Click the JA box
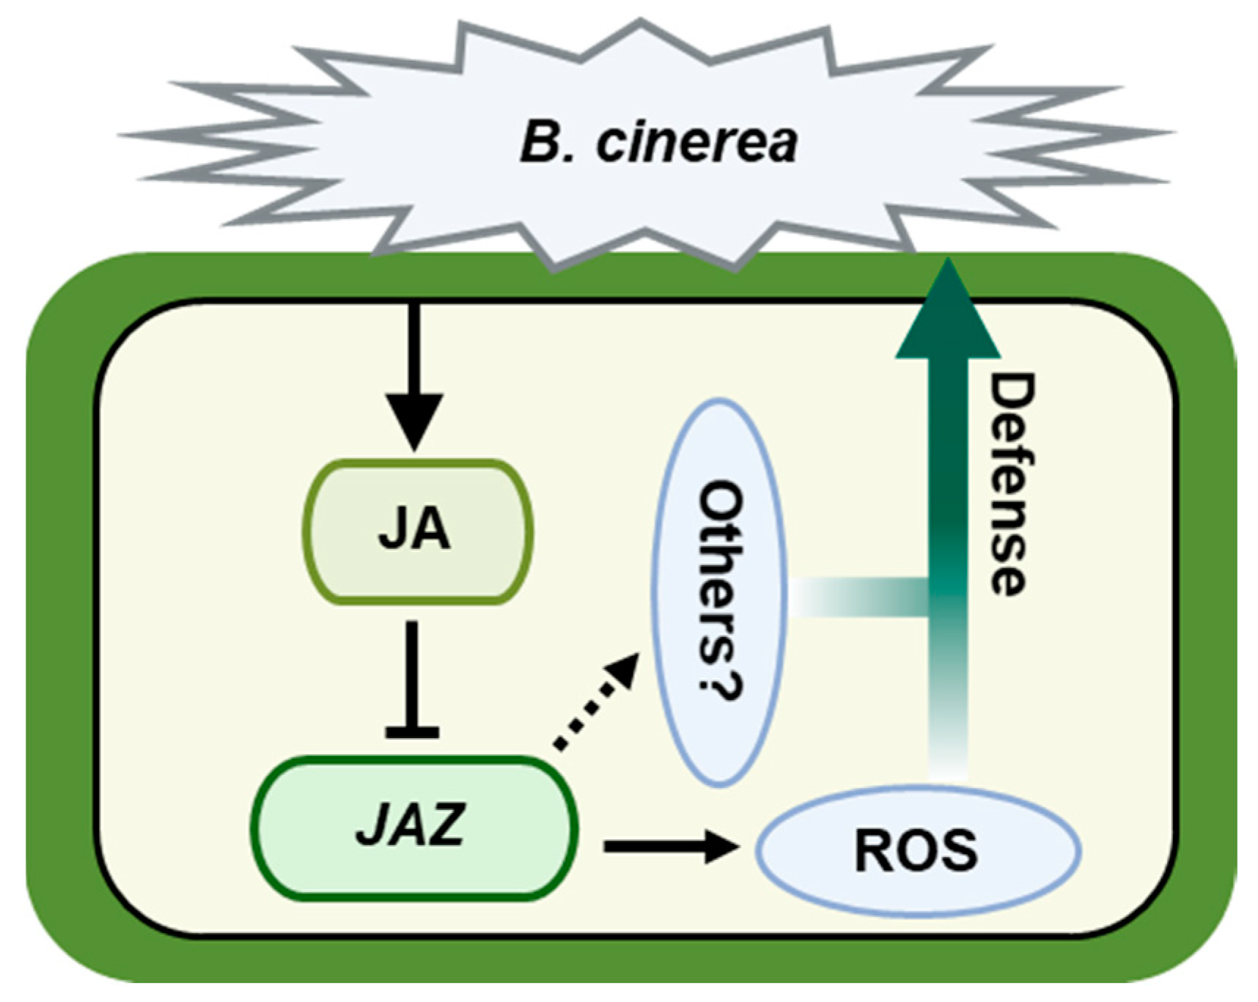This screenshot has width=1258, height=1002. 417,531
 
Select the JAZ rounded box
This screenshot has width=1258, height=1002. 414,828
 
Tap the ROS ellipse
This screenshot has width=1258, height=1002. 917,851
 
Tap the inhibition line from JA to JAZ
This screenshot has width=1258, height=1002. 412,674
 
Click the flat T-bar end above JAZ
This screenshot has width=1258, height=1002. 412,731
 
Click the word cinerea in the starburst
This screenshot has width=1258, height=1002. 696,142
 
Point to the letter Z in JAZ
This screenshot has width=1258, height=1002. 445,825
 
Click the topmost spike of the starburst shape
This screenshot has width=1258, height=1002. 640,26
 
